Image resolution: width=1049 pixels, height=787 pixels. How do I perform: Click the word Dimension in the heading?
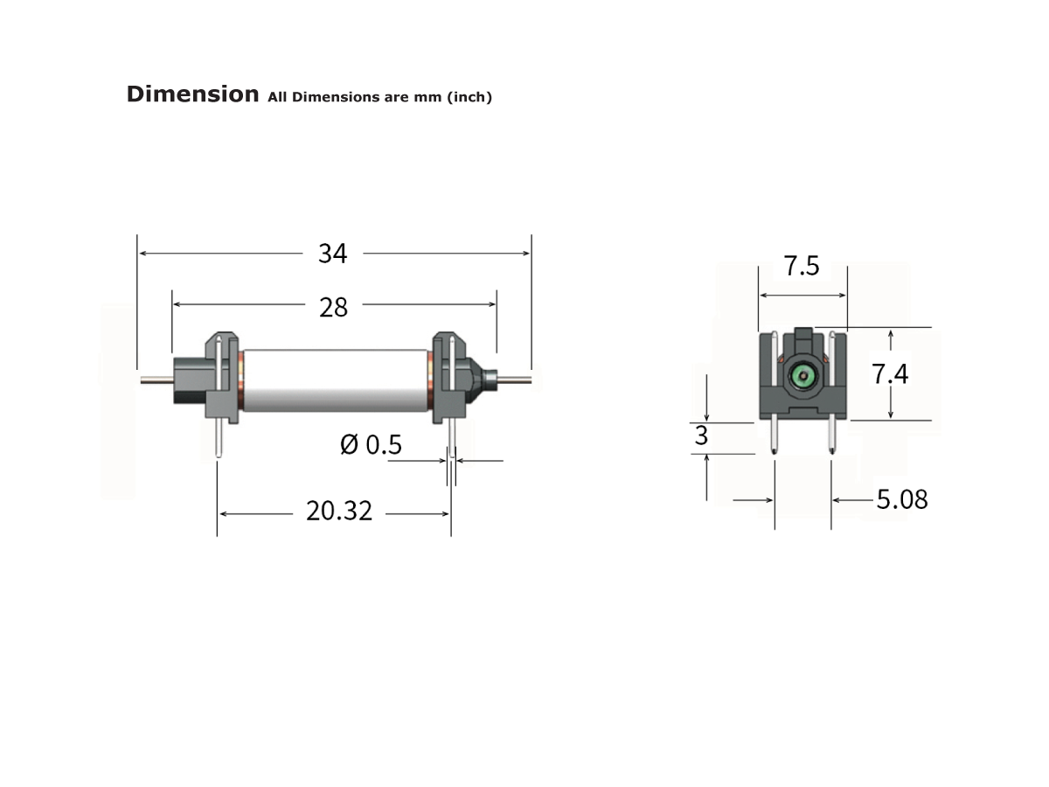pos(192,94)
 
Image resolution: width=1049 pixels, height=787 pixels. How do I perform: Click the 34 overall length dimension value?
pos(332,254)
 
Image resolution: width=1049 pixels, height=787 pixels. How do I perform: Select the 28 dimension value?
pos(333,307)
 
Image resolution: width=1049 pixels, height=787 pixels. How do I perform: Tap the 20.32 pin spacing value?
pos(338,511)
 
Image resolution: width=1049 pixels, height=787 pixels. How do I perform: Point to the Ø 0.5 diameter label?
pos(371,445)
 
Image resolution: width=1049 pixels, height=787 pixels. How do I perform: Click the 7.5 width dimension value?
pos(802,266)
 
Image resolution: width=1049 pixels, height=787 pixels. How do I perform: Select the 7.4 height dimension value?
pos(890,374)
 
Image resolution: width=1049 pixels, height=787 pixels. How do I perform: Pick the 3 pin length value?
pos(701,436)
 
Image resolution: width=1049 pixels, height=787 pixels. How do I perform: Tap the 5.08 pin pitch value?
pos(901,499)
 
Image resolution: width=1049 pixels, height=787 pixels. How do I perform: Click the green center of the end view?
pos(801,377)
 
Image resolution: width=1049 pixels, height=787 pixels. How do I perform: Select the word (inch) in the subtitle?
pos(469,97)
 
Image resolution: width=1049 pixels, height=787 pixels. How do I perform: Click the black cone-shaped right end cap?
pos(478,379)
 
